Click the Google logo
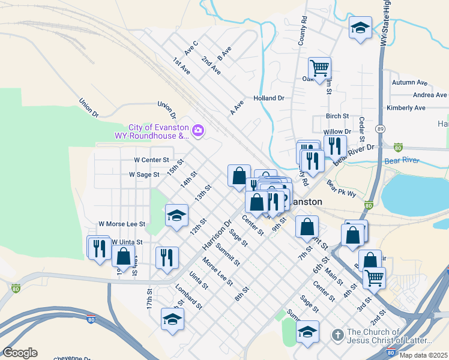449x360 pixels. point(20,353)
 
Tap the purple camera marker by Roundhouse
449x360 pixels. point(198,130)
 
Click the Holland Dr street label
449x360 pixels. point(268,98)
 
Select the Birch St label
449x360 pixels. point(337,116)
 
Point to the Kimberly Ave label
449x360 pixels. point(406,108)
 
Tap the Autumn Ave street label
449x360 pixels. point(409,83)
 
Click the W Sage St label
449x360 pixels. point(144,175)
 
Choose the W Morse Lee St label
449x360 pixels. point(121,224)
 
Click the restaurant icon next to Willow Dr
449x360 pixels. point(335,145)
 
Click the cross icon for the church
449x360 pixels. point(338,334)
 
